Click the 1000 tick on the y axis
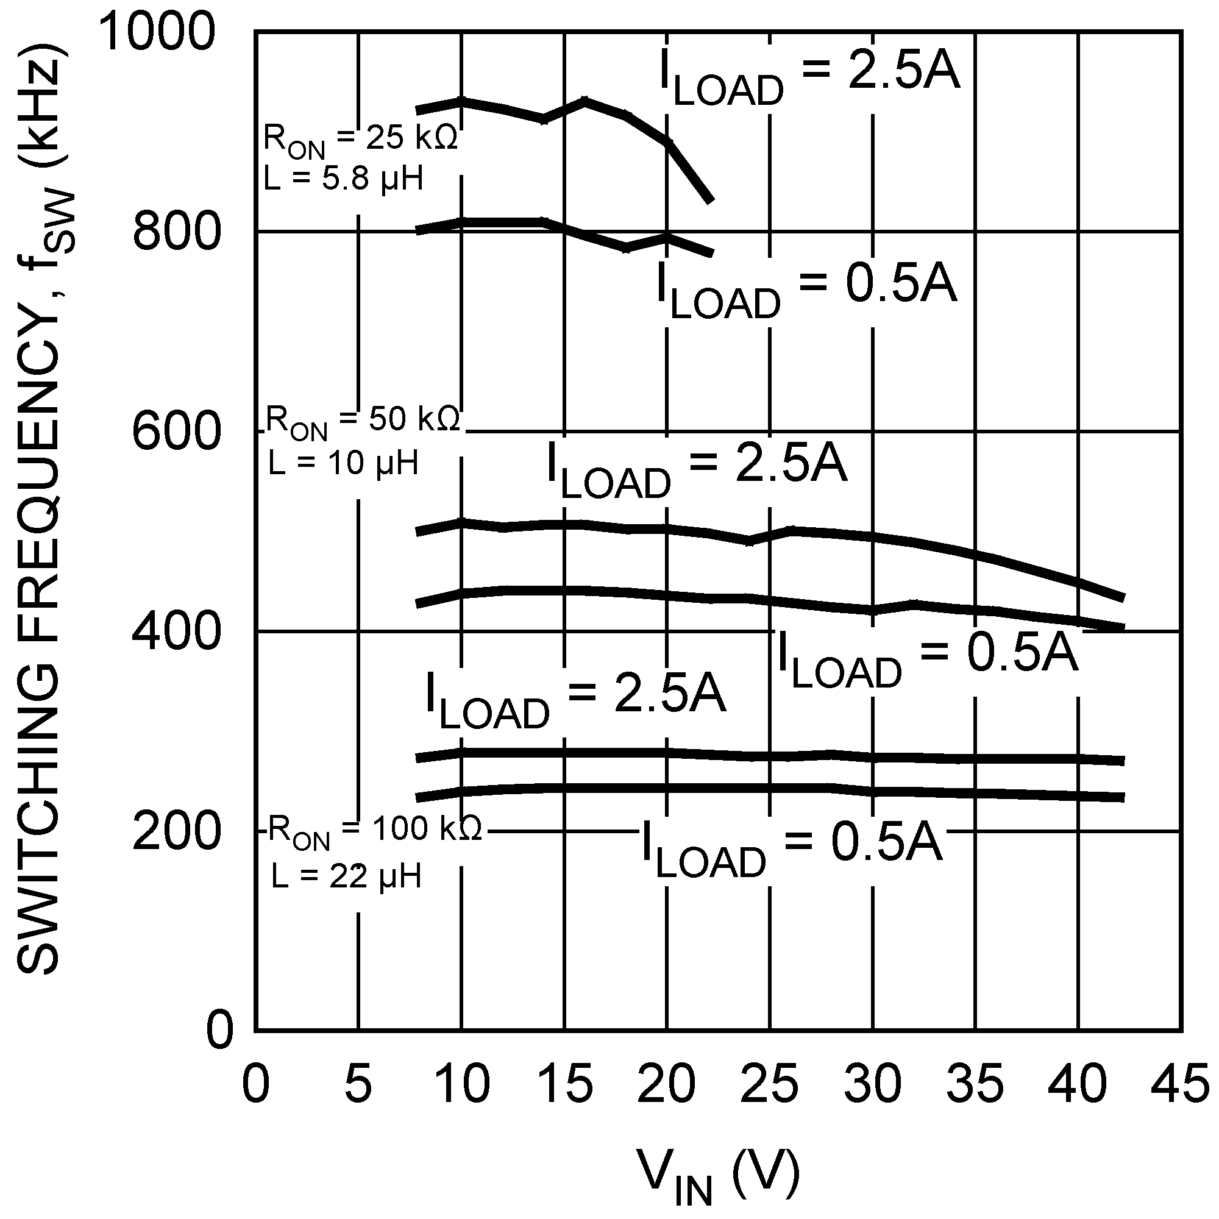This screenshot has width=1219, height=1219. coord(158,33)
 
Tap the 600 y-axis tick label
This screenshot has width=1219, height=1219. coord(176,432)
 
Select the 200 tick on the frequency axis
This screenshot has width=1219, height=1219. coord(176,831)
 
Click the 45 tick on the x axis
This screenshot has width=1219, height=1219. coord(1181,1084)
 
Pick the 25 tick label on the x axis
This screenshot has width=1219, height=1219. coord(769,1084)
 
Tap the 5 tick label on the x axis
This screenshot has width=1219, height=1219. coord(358,1084)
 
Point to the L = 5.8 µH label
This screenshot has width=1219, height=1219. coord(343,179)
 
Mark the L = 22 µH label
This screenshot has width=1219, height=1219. coord(346,876)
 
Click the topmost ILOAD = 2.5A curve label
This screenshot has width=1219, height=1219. coord(809,77)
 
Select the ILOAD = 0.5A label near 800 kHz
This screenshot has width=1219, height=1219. coord(806,288)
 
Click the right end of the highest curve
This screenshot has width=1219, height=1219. coord(711,200)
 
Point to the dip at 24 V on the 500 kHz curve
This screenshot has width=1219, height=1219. coord(750,541)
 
